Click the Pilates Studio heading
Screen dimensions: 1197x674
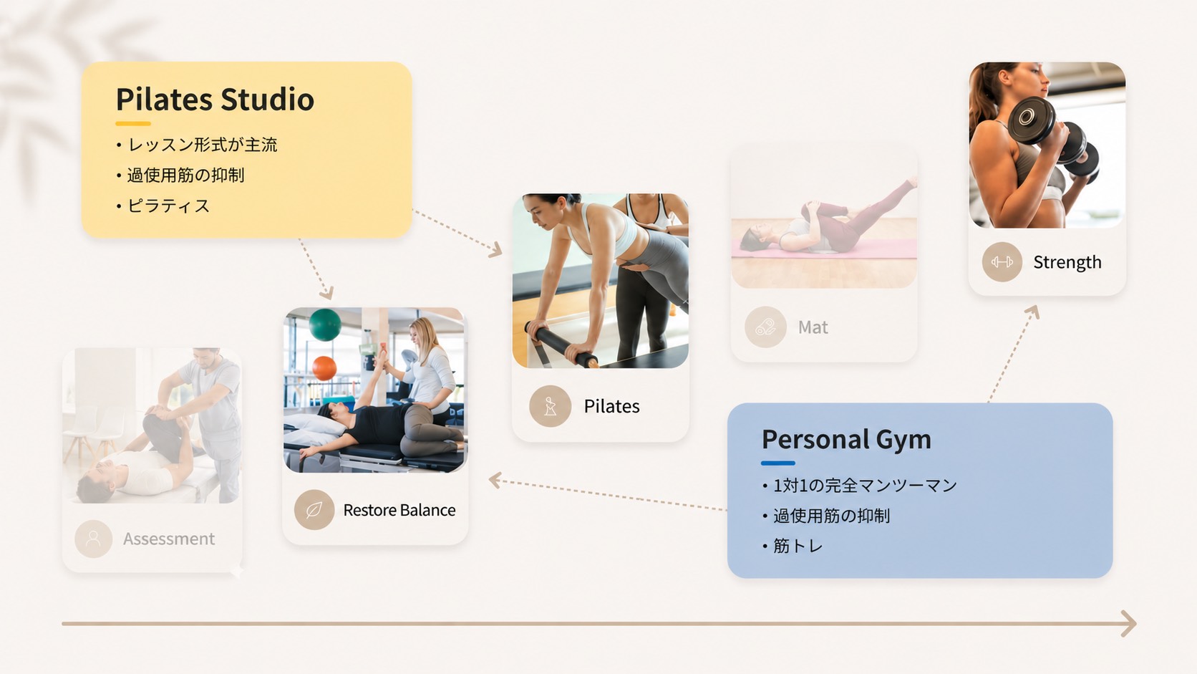[215, 100]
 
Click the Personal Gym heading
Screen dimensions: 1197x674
[846, 440]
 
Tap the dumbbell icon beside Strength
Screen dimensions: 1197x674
[1002, 262]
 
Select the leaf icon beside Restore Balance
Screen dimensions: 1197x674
[314, 510]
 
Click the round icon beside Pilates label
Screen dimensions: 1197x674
[550, 406]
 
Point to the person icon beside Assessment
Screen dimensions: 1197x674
[94, 539]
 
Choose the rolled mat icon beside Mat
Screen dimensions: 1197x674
[765, 327]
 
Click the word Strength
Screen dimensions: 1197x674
[1067, 262]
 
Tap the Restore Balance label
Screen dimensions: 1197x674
[399, 510]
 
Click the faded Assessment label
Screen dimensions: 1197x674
[169, 539]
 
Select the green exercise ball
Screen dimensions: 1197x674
[325, 324]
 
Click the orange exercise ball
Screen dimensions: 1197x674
[324, 368]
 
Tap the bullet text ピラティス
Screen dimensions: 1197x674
[168, 206]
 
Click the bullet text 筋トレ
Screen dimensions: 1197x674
[798, 546]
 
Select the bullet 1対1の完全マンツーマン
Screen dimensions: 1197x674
[865, 486]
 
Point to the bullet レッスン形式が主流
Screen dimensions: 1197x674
[203, 145]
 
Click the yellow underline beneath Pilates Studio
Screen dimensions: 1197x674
[133, 123]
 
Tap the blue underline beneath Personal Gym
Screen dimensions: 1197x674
[778, 463]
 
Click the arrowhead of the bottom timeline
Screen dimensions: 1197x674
[1128, 623]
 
